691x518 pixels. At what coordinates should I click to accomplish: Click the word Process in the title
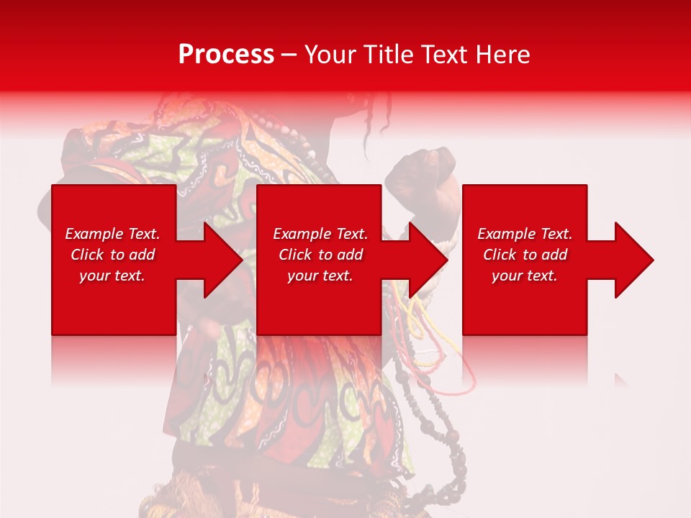tap(226, 54)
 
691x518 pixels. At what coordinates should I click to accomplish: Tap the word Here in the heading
tap(503, 54)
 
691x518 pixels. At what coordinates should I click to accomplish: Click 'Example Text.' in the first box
tap(113, 234)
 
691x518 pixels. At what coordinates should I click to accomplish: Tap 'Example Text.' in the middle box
tap(320, 234)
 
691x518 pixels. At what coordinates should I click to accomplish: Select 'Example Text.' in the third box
tap(525, 234)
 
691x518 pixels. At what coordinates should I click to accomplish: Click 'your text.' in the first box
tap(112, 276)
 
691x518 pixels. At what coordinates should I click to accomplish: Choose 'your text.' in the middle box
tap(320, 276)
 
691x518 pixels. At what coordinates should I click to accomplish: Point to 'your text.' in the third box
tap(524, 276)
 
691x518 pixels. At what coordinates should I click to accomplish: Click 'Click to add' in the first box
tap(113, 255)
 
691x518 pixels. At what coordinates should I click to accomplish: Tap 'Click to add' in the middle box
tap(320, 255)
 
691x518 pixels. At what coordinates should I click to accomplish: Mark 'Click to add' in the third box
tap(525, 255)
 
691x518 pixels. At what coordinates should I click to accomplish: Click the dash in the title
tap(289, 55)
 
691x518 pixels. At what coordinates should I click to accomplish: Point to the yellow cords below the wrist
tap(421, 324)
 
